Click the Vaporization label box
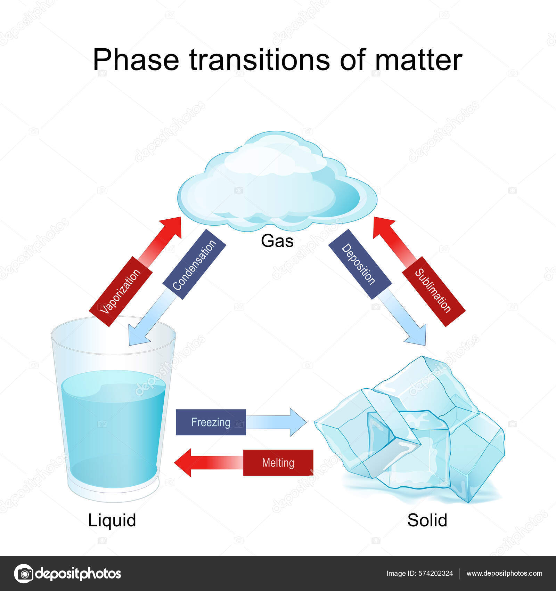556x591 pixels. (x=121, y=291)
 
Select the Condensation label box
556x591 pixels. (x=194, y=265)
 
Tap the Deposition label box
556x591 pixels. (x=360, y=264)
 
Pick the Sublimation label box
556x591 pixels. (x=434, y=291)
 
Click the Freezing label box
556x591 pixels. (x=211, y=422)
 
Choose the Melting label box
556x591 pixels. (x=278, y=463)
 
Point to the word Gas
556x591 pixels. (x=277, y=241)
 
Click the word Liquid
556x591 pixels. (x=112, y=520)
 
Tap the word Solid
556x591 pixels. (x=427, y=520)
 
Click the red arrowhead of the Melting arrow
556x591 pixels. (x=183, y=463)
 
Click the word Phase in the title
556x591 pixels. (x=136, y=60)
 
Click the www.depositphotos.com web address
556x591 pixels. (x=504, y=573)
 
